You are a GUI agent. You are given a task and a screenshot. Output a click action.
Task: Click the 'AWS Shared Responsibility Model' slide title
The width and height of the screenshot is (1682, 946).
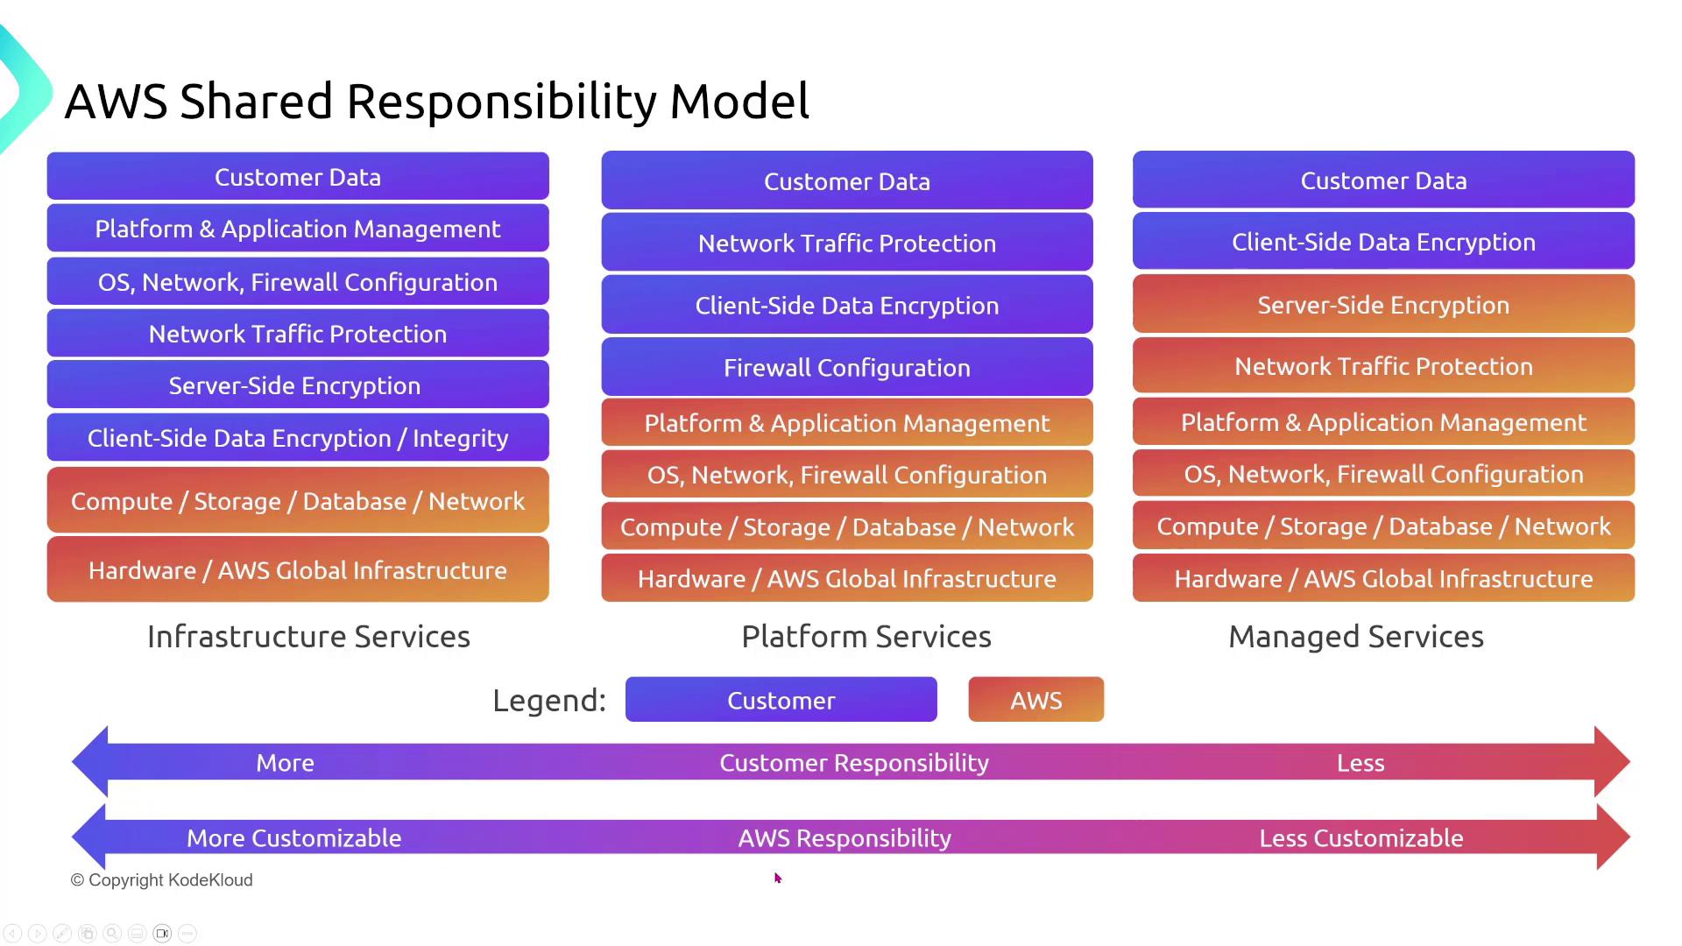tap(436, 101)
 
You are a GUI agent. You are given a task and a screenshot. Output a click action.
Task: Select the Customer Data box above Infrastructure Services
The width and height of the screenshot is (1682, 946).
tap(298, 177)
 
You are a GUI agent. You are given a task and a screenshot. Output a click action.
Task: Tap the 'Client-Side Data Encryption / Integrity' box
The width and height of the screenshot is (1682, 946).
tap(298, 438)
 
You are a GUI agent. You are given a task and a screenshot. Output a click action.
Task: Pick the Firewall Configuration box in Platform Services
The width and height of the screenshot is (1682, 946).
tap(846, 367)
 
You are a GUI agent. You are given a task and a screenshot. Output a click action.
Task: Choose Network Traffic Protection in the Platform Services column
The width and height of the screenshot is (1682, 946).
tap(846, 243)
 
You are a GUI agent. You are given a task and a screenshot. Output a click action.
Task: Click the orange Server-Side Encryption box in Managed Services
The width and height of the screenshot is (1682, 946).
tap(1383, 305)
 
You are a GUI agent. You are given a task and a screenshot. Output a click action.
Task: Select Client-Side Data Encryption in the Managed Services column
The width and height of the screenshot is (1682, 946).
tap(1383, 242)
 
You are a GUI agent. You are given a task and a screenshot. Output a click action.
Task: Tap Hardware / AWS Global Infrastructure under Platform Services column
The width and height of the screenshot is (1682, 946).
tap(846, 578)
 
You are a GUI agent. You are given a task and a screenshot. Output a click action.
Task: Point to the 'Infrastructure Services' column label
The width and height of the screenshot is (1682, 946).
tap(308, 637)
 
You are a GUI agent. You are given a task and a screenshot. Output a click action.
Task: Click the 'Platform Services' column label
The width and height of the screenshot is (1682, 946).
tap(866, 637)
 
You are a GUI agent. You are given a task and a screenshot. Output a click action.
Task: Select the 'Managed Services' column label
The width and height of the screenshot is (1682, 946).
tap(1355, 637)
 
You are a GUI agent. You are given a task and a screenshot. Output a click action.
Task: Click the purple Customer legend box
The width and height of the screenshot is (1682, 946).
tap(781, 700)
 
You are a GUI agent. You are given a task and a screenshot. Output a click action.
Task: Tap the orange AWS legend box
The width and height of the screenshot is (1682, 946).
tap(1035, 700)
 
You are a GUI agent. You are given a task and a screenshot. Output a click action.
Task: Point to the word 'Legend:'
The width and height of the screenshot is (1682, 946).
tap(549, 701)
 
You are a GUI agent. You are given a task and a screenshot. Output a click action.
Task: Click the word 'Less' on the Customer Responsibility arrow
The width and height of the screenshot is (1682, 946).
tap(1360, 763)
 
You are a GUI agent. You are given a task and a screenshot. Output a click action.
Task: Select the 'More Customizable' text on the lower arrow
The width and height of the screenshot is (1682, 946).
tap(293, 838)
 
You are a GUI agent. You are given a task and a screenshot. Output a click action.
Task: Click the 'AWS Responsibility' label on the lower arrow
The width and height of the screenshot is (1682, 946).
tap(845, 838)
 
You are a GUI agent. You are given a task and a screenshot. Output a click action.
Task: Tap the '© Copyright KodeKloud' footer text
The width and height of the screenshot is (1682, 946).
tap(161, 880)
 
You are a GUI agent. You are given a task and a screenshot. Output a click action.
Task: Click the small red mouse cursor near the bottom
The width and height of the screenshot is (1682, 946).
tap(777, 878)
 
